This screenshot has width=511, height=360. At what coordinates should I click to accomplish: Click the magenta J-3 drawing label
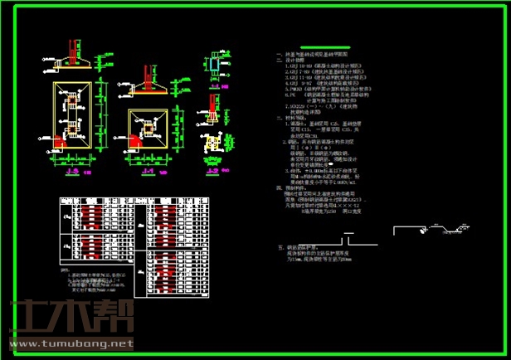click(72, 173)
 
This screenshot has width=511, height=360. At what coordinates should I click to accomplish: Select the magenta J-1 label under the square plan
click(148, 172)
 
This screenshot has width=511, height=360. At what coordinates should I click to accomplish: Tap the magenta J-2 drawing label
click(213, 172)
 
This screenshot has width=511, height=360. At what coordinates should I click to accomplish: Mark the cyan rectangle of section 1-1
click(214, 66)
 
